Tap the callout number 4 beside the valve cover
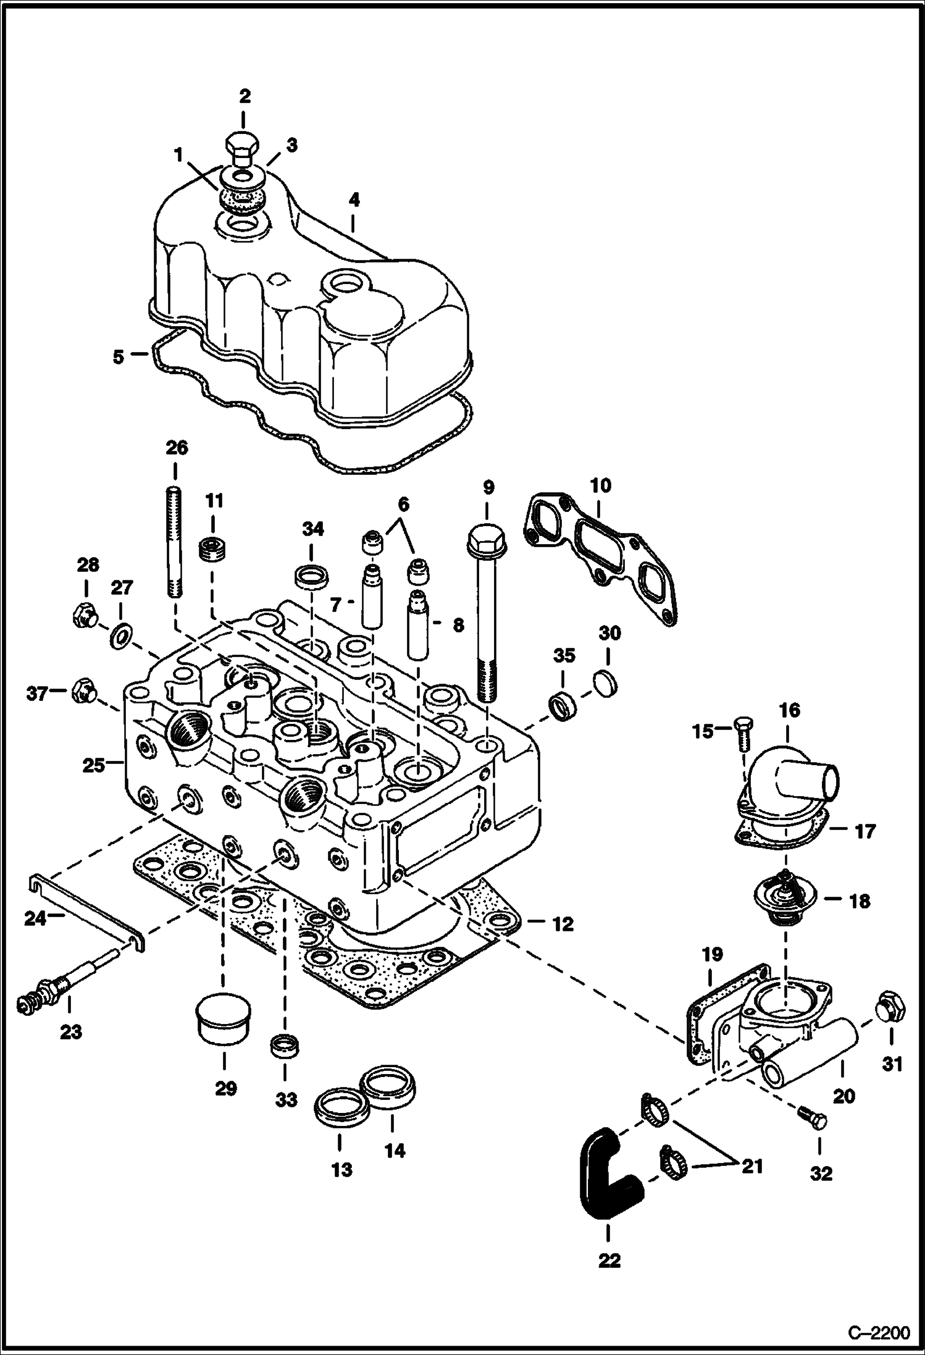pos(353,200)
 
